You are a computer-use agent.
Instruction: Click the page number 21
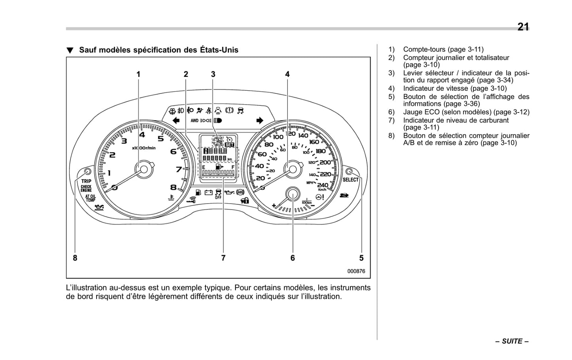tap(523, 27)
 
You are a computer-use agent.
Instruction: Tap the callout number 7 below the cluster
tap(223, 258)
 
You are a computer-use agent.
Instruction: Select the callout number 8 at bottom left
tap(75, 258)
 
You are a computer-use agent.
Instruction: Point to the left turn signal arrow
tap(176, 120)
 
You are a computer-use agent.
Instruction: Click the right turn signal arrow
tap(260, 120)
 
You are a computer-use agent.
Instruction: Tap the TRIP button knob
tap(87, 171)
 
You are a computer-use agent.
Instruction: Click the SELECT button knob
tap(349, 171)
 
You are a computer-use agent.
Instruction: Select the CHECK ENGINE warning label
tap(86, 189)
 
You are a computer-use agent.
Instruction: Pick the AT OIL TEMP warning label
tap(91, 198)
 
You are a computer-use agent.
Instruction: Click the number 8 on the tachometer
tap(173, 187)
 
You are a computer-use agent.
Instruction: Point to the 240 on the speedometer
tap(323, 185)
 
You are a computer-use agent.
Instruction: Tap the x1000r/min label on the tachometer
tap(144, 148)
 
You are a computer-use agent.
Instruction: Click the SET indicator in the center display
tap(229, 145)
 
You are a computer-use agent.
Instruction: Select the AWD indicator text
tap(194, 120)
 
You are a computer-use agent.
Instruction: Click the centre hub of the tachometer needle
tap(144, 169)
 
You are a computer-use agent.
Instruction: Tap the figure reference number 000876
tap(356, 271)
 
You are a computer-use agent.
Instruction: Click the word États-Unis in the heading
tap(219, 50)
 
